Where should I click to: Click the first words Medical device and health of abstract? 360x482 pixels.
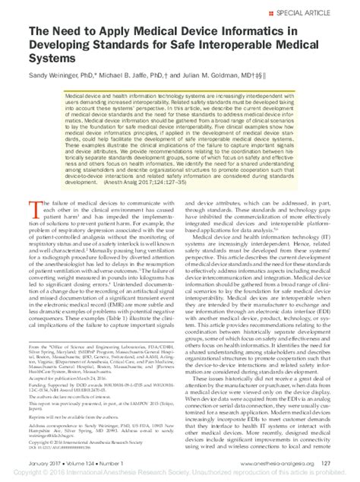[84, 100]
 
